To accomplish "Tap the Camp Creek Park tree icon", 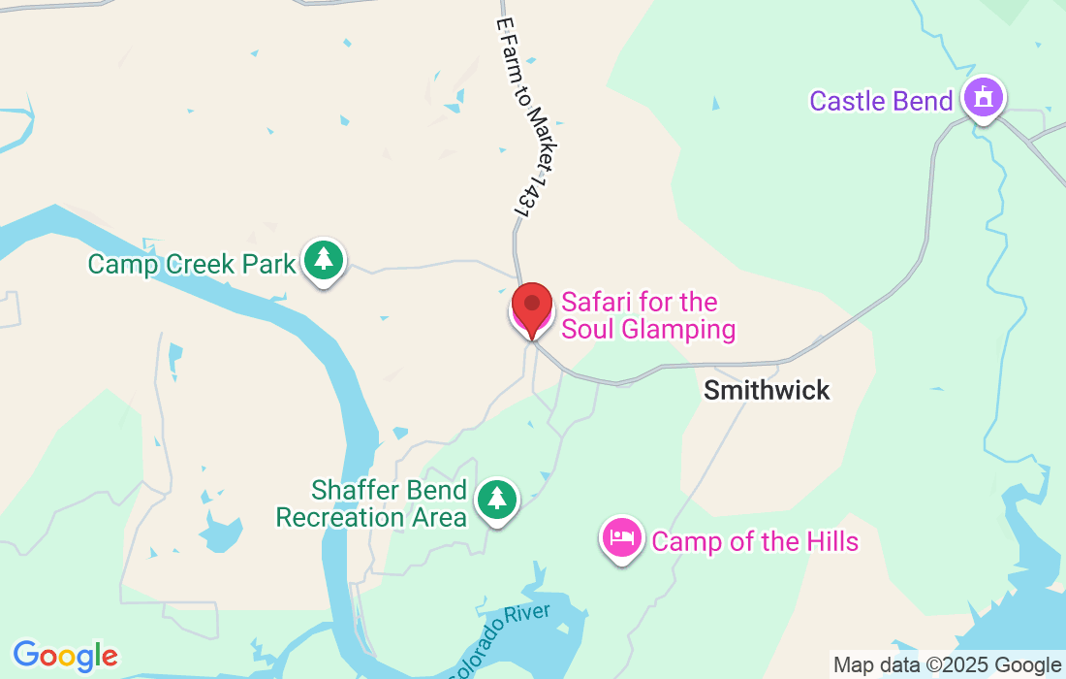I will [324, 261].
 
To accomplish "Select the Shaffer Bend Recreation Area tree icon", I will [497, 500].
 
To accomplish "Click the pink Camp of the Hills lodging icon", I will [621, 537].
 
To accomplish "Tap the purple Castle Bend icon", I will [984, 98].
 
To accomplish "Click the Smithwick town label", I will [767, 390].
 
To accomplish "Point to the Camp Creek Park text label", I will [191, 264].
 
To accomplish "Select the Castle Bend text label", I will [881, 101].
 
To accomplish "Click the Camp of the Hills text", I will [755, 540].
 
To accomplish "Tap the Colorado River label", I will [501, 639].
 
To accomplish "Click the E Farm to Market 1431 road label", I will [528, 116].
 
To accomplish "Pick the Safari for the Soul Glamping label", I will [647, 315].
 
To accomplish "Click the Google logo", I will [65, 656].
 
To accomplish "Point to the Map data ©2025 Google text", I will [947, 665].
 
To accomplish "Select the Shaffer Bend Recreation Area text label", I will [372, 503].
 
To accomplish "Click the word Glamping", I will [677, 329].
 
